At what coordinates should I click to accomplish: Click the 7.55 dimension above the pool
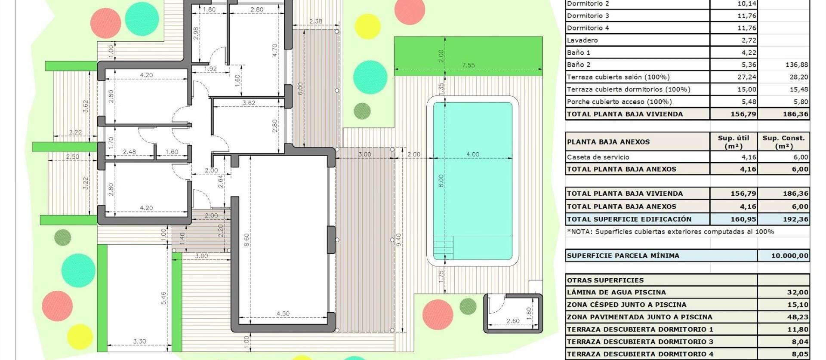pyautogui.click(x=468, y=65)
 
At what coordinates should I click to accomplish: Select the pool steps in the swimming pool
pyautogui.click(x=443, y=248)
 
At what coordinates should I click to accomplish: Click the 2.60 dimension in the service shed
pyautogui.click(x=513, y=321)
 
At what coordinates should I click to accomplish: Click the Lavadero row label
pyautogui.click(x=582, y=40)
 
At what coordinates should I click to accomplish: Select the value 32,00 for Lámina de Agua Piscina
pyautogui.click(x=798, y=292)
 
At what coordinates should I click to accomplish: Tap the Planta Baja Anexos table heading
pyautogui.click(x=608, y=142)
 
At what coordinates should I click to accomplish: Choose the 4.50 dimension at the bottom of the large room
pyautogui.click(x=283, y=314)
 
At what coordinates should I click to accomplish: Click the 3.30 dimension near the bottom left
pyautogui.click(x=139, y=342)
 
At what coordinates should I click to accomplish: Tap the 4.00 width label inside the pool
pyautogui.click(x=472, y=154)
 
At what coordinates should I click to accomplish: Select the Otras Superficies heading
pyautogui.click(x=605, y=280)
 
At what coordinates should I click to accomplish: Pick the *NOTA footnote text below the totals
pyautogui.click(x=670, y=232)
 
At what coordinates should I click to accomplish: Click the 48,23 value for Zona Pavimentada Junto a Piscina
pyautogui.click(x=798, y=317)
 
